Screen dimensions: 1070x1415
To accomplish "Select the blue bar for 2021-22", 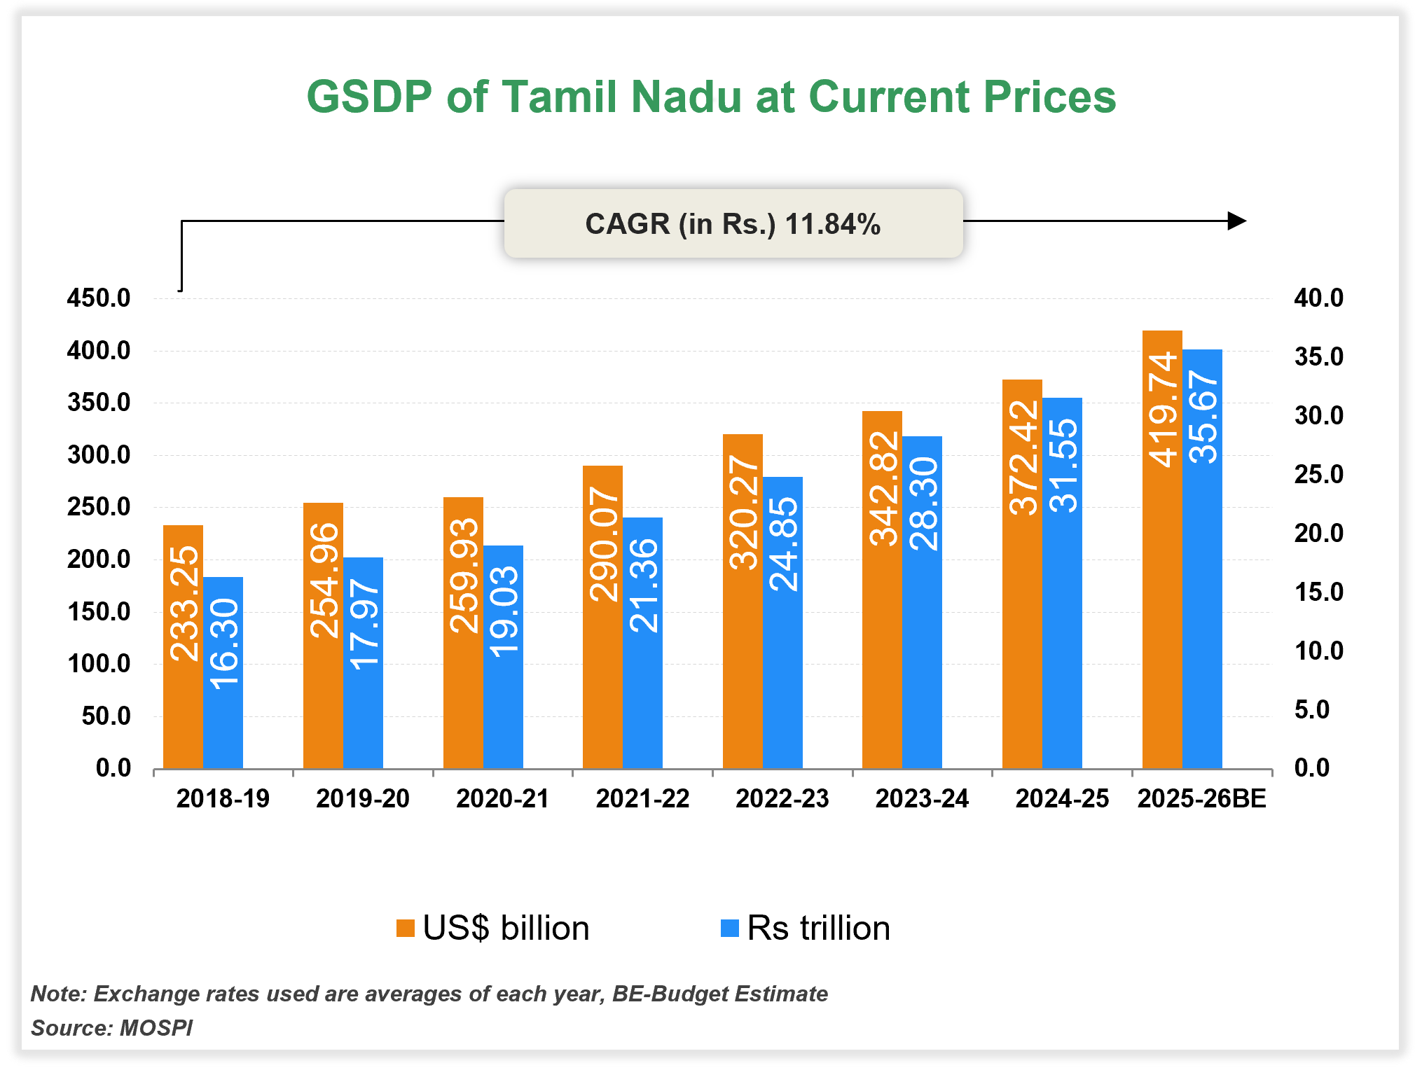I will coord(642,700).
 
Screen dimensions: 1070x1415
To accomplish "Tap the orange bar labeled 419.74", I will coord(1162,560).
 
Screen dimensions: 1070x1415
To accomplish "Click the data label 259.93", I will coord(464,576).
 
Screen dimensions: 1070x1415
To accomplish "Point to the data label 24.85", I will coord(783,544).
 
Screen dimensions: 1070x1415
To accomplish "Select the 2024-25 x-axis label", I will coord(1062,798).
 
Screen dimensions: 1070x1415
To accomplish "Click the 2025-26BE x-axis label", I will coord(1202,798).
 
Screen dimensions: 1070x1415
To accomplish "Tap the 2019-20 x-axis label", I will coord(362,798).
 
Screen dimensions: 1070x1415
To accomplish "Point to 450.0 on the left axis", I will coord(99,298).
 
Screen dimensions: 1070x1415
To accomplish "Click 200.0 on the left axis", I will coord(99,560).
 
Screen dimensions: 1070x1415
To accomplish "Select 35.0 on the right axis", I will coord(1318,357).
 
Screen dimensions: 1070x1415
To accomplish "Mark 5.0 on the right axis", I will coord(1311,709).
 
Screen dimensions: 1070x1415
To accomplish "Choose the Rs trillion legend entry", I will coord(806,928).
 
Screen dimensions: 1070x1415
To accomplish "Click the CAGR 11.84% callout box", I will coord(733,223).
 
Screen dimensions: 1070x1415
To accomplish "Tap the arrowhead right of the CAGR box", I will coord(1237,221).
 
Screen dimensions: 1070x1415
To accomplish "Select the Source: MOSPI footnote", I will coord(112,1028).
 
